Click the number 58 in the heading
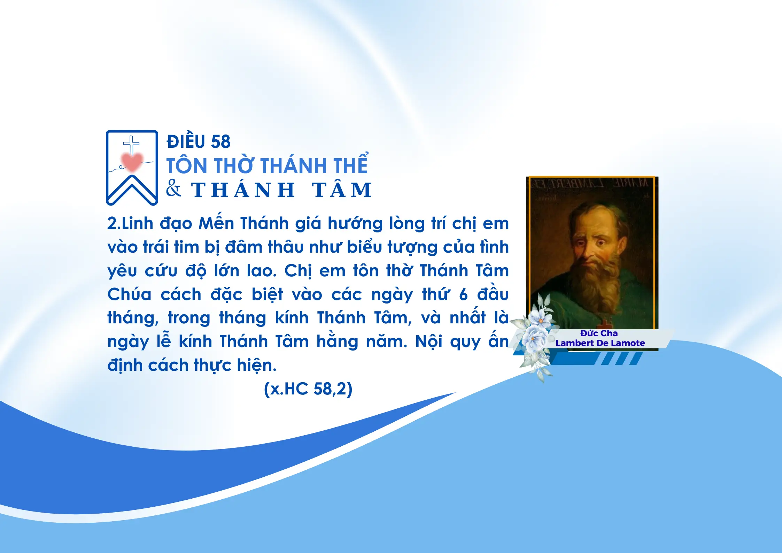[220, 142]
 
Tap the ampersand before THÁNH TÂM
[173, 189]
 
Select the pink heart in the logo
[132, 161]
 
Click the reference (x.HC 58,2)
[308, 389]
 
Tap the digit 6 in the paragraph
[463, 295]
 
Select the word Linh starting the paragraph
[138, 223]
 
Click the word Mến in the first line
[216, 222]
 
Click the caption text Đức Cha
[599, 333]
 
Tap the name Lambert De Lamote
[600, 343]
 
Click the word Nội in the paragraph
[429, 341]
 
